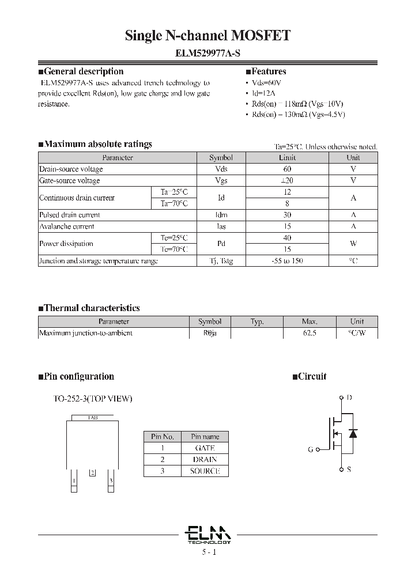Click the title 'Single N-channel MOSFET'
point(207,36)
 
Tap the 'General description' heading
point(84,71)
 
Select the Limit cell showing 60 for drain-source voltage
point(287,169)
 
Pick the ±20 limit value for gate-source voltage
point(287,180)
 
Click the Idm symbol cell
point(221,215)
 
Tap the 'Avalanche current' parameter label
point(67,226)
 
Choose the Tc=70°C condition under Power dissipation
point(173,249)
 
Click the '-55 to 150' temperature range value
point(287,261)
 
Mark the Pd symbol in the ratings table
point(221,244)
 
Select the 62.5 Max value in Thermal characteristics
point(310,333)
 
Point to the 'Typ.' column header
point(256,321)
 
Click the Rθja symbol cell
point(209,333)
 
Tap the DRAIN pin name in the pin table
point(205,459)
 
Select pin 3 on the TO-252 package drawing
point(111,479)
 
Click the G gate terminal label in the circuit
point(311,449)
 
